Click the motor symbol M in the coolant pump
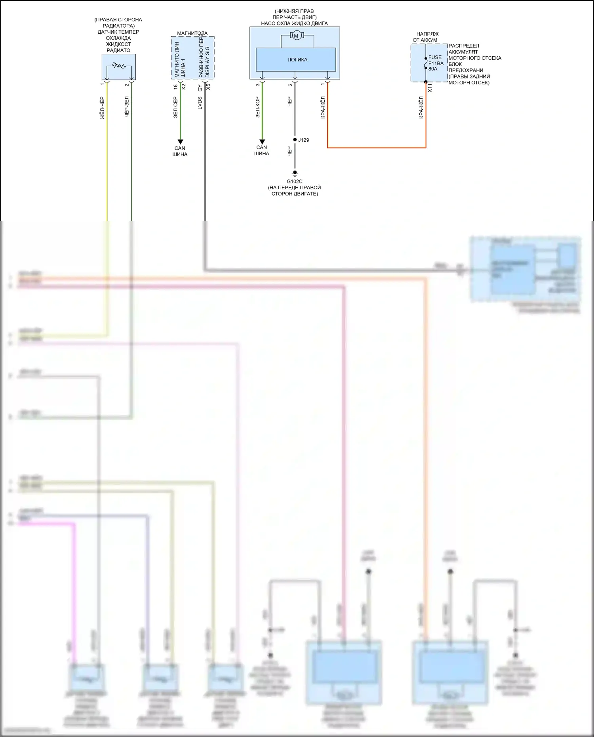[296, 36]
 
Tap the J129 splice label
[303, 140]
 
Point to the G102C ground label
[295, 181]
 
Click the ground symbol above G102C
[295, 173]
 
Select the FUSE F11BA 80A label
[436, 63]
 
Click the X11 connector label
[430, 88]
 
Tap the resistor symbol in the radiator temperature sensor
[118, 65]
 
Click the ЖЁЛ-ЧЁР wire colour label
[102, 108]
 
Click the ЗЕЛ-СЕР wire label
[175, 107]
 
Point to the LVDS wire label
[200, 103]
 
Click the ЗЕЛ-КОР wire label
[257, 107]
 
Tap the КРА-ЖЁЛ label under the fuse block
[421, 107]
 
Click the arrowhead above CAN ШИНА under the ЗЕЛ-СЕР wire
[180, 142]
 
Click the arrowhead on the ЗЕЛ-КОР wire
[262, 141]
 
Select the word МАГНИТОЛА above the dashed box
[192, 33]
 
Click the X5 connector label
[208, 87]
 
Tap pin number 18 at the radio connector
[175, 87]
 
